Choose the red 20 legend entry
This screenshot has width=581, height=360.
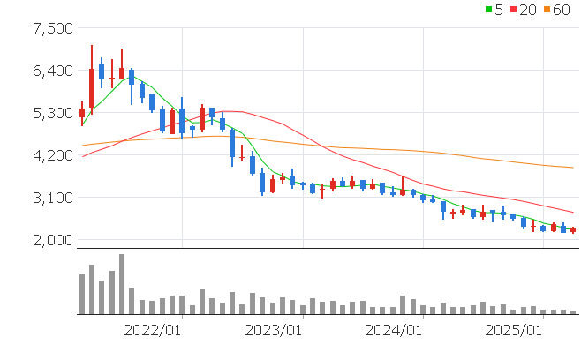(x=523, y=10)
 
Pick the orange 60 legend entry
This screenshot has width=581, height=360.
(x=558, y=10)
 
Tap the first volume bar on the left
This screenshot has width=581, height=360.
(x=82, y=294)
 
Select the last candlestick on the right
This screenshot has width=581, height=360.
(x=573, y=230)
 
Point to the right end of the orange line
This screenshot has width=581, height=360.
(x=574, y=168)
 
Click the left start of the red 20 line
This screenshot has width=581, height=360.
(x=82, y=157)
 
